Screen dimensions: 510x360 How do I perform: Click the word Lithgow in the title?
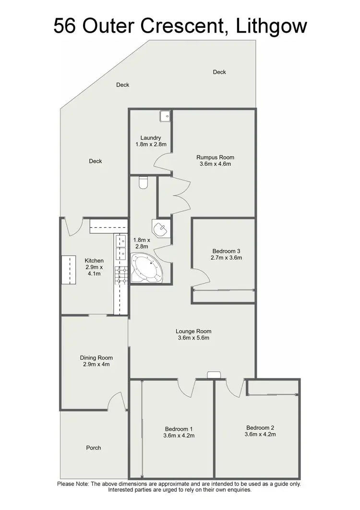pos(272,26)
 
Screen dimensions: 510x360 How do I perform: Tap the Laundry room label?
pos(150,138)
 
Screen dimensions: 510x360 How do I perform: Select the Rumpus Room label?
pos(215,157)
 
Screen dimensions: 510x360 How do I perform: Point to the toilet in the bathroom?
pos(144,182)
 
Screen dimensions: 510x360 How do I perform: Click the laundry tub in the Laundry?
pos(165,115)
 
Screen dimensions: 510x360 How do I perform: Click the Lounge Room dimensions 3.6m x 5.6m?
pos(193,338)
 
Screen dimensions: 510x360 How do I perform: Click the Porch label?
pos(94,448)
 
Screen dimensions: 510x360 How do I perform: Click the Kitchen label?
pos(94,261)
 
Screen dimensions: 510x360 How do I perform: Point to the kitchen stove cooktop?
pos(120,274)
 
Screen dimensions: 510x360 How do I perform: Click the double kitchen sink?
pos(120,245)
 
